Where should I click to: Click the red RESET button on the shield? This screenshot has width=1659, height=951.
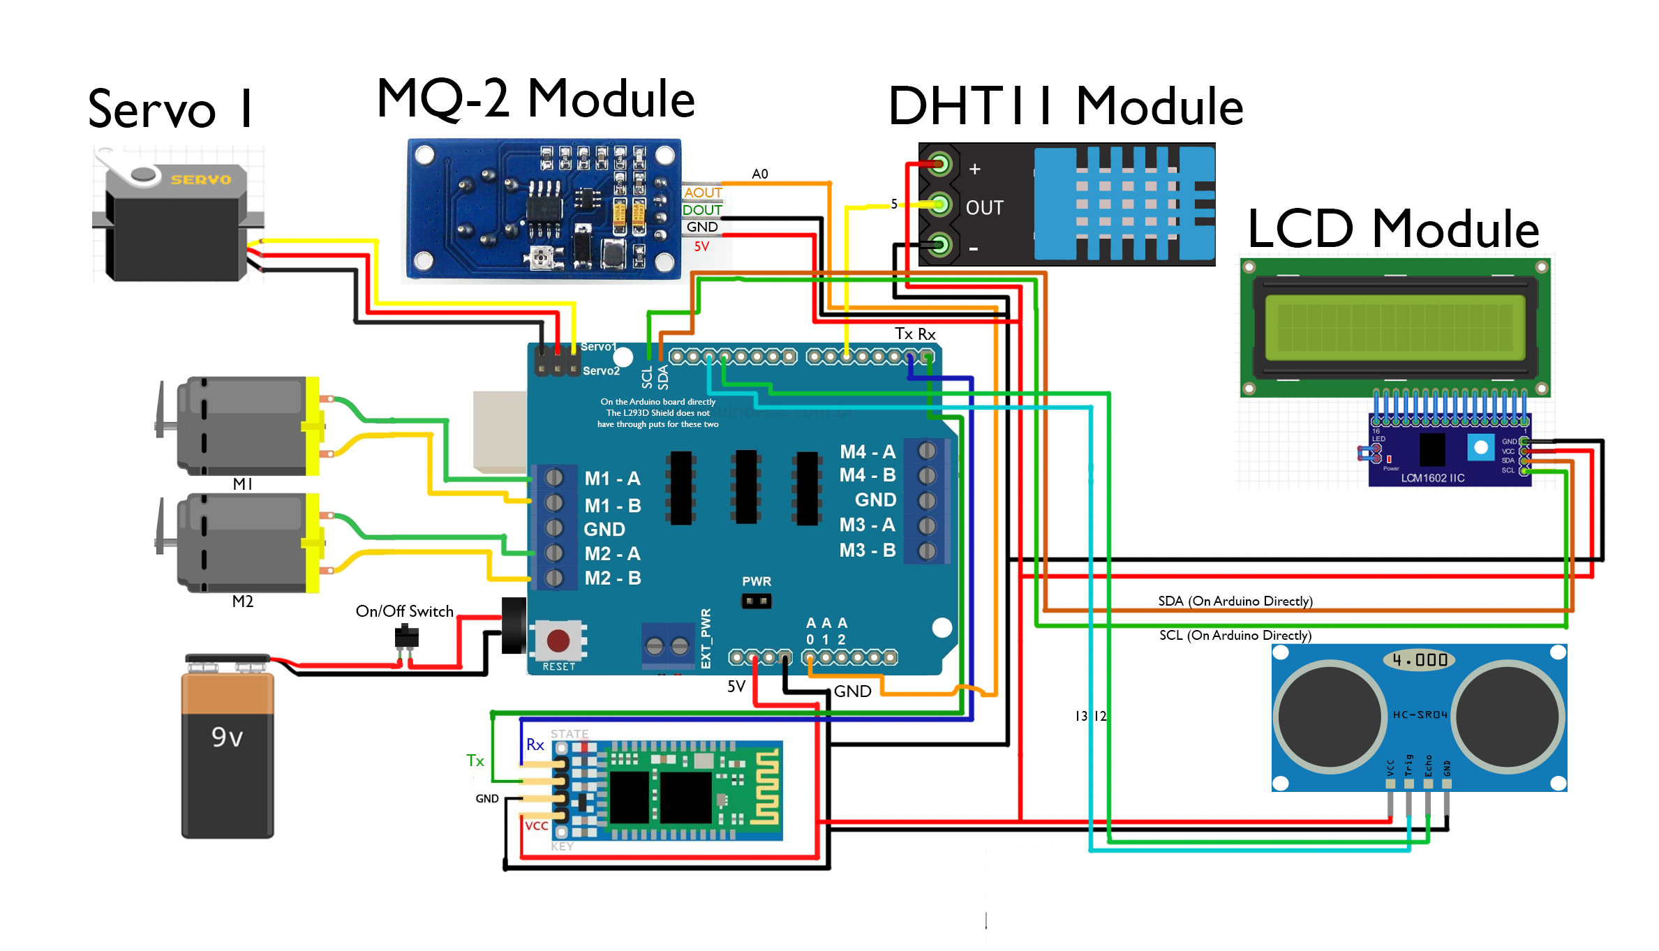pos(558,640)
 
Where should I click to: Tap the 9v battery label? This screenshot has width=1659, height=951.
pos(228,737)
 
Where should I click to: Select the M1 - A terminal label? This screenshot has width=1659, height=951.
pos(612,479)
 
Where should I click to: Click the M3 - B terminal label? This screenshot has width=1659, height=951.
pos(867,551)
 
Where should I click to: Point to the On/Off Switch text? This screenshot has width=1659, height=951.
pos(404,611)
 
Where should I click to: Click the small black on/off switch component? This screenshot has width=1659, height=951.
pos(406,637)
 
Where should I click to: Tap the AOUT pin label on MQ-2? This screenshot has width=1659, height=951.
pos(703,193)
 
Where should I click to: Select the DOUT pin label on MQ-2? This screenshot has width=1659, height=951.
pos(702,210)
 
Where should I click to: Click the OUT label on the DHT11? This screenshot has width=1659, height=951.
pos(984,208)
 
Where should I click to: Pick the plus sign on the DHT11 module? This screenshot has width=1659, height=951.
pos(975,169)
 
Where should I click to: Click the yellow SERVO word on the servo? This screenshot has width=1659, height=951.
pos(200,179)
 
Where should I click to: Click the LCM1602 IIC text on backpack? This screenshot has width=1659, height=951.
pos(1432,478)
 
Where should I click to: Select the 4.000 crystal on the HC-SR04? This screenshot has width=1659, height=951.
pos(1420,660)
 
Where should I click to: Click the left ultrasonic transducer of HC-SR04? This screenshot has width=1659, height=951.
pos(1330,717)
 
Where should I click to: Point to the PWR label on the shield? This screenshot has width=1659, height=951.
pos(757,581)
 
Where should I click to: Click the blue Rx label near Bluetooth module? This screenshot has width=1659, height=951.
pos(535,744)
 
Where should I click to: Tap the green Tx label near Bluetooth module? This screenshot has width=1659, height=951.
pos(475,761)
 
